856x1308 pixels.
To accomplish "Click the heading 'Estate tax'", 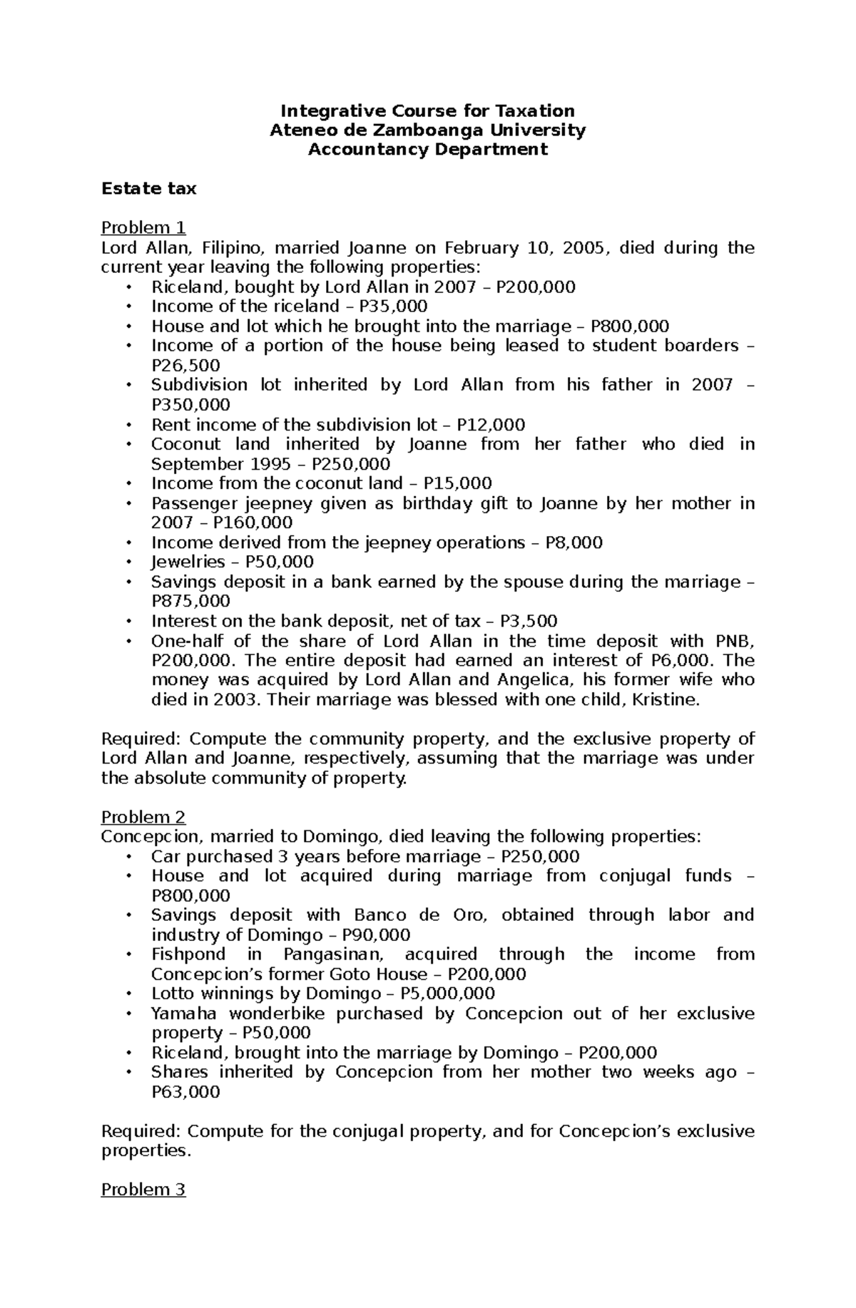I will [x=148, y=189].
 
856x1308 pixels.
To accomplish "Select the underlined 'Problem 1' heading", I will [x=143, y=228].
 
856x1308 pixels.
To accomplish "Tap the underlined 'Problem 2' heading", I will [x=143, y=817].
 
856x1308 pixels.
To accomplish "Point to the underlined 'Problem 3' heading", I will [x=143, y=1190].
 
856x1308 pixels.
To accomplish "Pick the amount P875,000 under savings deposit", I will [x=191, y=601].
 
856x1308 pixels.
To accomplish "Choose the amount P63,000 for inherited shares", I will [x=186, y=1092].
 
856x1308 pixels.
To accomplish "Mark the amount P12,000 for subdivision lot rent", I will [x=491, y=425].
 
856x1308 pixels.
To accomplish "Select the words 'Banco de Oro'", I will [x=417, y=915].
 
